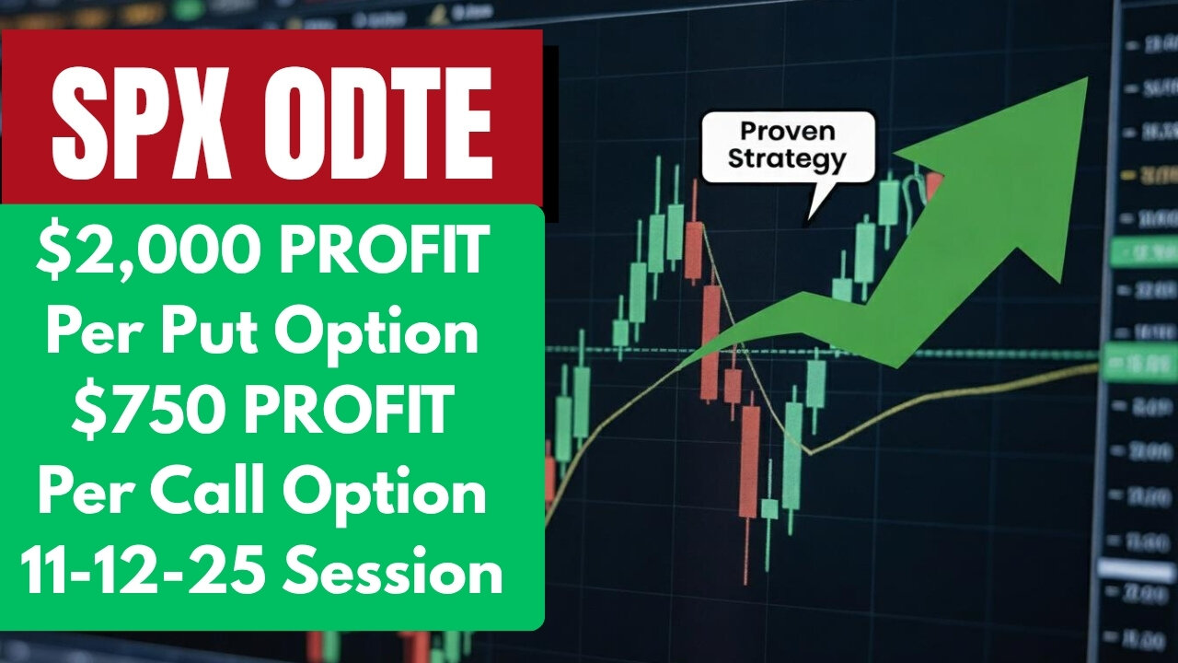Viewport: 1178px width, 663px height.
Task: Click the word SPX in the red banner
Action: (138, 120)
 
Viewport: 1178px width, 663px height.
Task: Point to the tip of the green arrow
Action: (1088, 77)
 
